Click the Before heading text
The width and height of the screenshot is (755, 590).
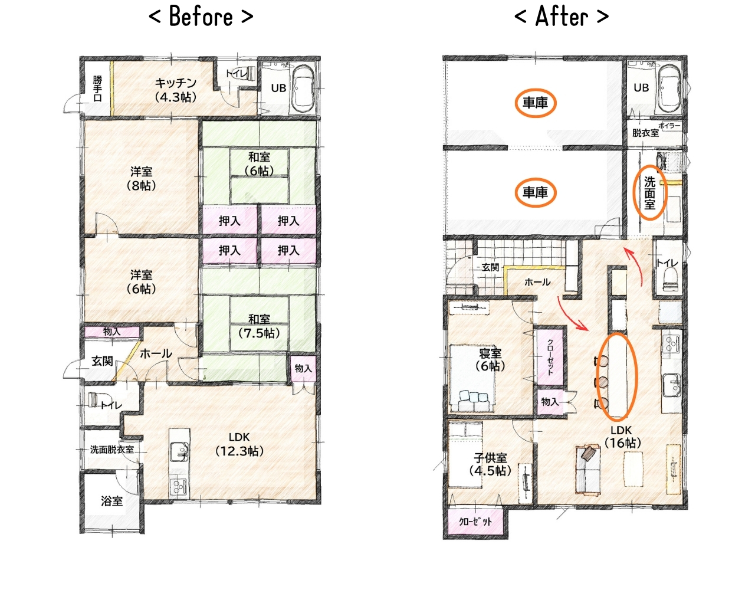pyautogui.click(x=201, y=17)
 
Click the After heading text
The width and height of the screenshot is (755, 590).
pyautogui.click(x=561, y=17)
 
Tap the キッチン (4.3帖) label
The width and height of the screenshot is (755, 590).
pyautogui.click(x=176, y=90)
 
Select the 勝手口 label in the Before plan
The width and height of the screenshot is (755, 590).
pyautogui.click(x=98, y=89)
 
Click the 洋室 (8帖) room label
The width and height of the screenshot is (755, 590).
pyautogui.click(x=142, y=179)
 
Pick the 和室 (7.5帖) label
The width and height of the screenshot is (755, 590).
pyautogui.click(x=259, y=326)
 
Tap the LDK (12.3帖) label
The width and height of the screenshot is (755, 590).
pyautogui.click(x=239, y=444)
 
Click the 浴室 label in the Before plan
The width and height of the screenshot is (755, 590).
pyautogui.click(x=112, y=501)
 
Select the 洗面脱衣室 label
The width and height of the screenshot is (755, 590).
pyautogui.click(x=112, y=450)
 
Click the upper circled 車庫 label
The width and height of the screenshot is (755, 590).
pyautogui.click(x=536, y=103)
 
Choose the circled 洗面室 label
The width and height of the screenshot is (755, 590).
pyautogui.click(x=650, y=193)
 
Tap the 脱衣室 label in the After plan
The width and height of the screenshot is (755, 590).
pyautogui.click(x=645, y=133)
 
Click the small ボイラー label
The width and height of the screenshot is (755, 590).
pyautogui.click(x=669, y=126)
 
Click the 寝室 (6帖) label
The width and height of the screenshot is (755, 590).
pyautogui.click(x=490, y=360)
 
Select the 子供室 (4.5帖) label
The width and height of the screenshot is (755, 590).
pyautogui.click(x=490, y=464)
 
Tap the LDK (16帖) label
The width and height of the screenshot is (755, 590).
pyautogui.click(x=621, y=437)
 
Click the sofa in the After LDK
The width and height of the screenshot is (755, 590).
pyautogui.click(x=588, y=470)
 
